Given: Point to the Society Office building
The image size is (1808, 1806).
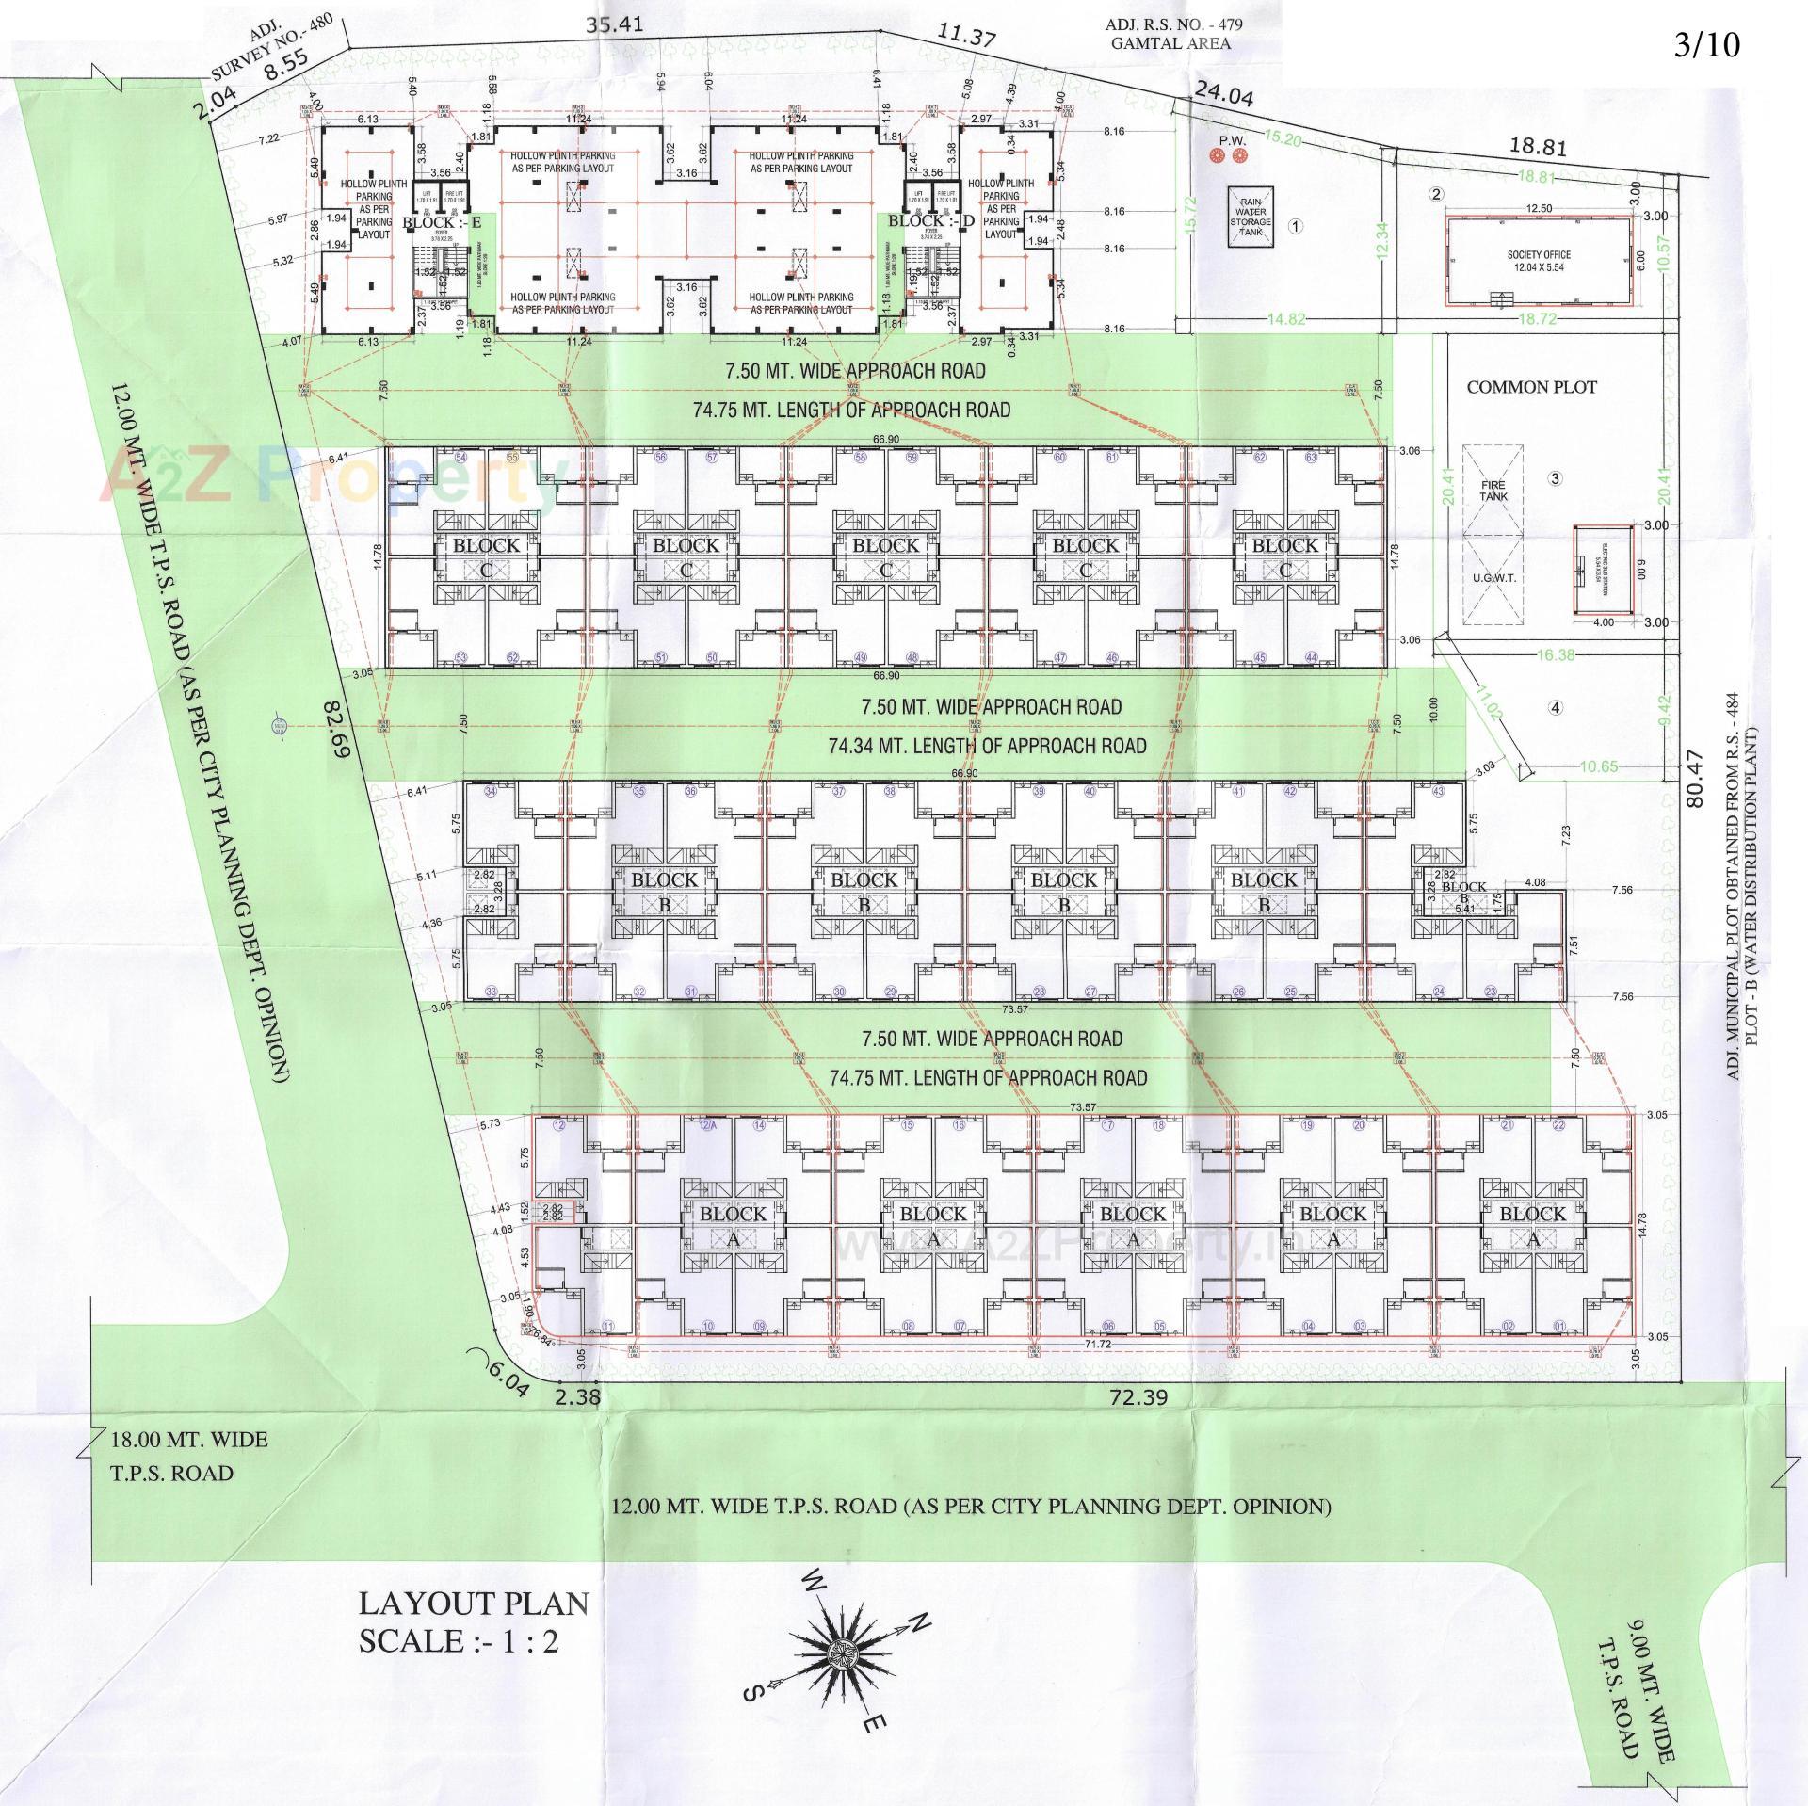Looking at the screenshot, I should pos(1538,262).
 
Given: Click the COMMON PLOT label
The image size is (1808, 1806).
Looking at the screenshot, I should pos(1531,387).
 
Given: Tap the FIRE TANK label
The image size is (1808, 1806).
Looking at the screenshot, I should pos(1493,491).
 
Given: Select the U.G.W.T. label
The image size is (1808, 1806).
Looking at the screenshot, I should pos(1493,577).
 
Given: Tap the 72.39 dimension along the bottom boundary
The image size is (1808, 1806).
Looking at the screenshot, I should pos(1138,1397).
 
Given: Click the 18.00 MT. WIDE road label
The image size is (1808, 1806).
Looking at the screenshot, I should pos(189,1439).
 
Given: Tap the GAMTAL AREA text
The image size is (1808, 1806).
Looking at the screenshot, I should pos(1170,43).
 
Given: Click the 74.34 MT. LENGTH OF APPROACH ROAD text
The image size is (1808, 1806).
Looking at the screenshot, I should pos(987,746).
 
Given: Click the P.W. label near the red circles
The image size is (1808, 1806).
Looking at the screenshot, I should pos(1232,141).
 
